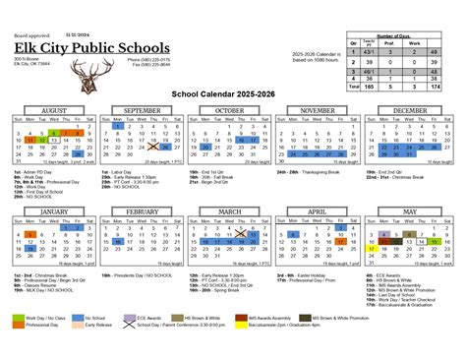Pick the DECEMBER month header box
(x=413, y=110)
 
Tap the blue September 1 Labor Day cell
(x=118, y=125)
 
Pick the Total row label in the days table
(x=353, y=88)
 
